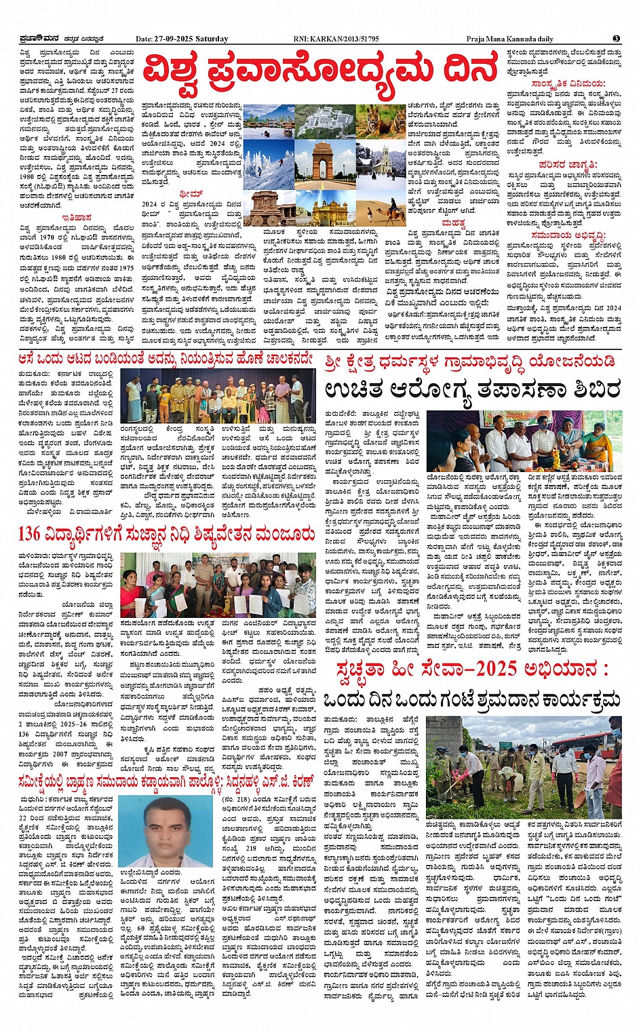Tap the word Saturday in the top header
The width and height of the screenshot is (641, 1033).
212,39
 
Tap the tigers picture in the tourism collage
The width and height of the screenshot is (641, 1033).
381,121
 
